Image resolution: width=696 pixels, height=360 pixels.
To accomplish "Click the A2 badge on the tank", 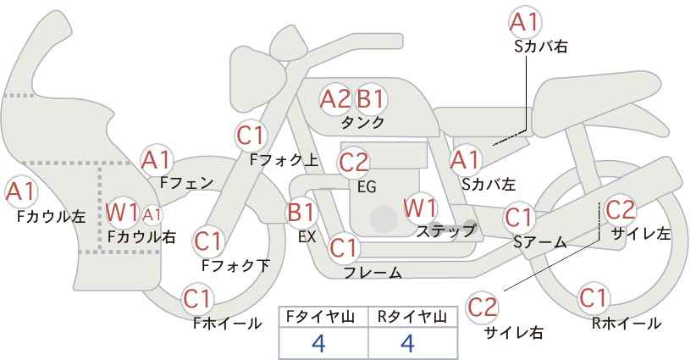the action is pyautogui.click(x=334, y=99).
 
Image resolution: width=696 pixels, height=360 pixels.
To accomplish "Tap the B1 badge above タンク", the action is pyautogui.click(x=372, y=99).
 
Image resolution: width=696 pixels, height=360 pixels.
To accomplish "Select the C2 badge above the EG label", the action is pyautogui.click(x=353, y=163).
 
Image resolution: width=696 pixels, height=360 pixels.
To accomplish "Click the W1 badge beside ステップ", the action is pyautogui.click(x=420, y=208).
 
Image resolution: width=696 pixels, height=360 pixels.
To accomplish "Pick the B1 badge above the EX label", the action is pyautogui.click(x=301, y=213).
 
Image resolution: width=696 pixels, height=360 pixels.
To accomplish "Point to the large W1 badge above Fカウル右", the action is pyautogui.click(x=123, y=213).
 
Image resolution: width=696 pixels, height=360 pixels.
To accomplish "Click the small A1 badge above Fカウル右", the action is pyautogui.click(x=152, y=215).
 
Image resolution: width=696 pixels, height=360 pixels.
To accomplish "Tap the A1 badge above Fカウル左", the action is pyautogui.click(x=20, y=191).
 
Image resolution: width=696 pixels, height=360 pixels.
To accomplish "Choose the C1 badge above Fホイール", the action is pyautogui.click(x=197, y=299).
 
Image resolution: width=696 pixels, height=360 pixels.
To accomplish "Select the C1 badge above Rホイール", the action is pyautogui.click(x=593, y=298).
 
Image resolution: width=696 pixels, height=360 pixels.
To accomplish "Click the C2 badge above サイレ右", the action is pyautogui.click(x=482, y=307).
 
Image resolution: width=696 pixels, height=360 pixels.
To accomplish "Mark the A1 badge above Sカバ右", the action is pyautogui.click(x=525, y=22).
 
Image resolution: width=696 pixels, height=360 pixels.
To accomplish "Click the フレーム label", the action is pyautogui.click(x=373, y=273).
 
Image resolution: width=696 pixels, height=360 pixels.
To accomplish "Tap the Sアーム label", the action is pyautogui.click(x=540, y=242).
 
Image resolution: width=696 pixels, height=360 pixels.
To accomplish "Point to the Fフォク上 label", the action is pyautogui.click(x=284, y=160).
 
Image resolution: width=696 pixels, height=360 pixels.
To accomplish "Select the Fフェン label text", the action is pyautogui.click(x=186, y=182).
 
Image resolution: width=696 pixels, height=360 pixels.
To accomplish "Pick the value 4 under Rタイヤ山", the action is pyautogui.click(x=407, y=343).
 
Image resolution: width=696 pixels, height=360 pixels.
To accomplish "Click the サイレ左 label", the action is pyautogui.click(x=640, y=234).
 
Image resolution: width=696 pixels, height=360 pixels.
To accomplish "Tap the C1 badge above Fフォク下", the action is pyautogui.click(x=207, y=241).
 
